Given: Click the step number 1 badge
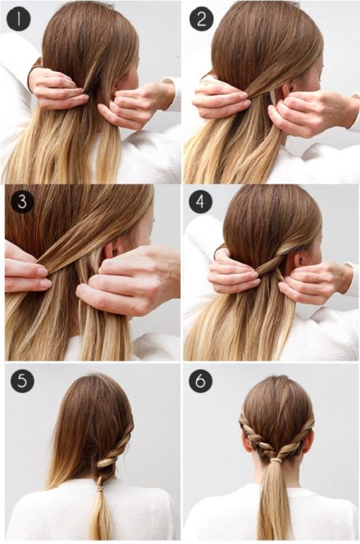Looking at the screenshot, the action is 19,19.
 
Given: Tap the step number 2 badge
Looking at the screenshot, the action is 202,19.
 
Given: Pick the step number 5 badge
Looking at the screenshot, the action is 22,380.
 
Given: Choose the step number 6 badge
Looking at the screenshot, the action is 200,380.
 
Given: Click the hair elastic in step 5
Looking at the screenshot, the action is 100,489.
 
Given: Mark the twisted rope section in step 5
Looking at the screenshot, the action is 114,447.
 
